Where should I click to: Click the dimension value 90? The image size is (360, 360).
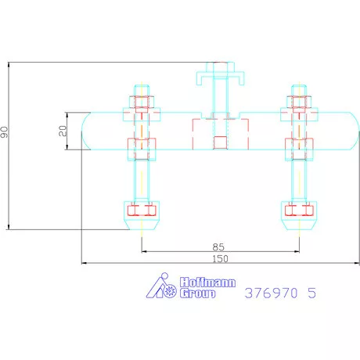pyautogui.click(x=4, y=132)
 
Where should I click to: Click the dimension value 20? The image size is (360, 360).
pyautogui.click(x=63, y=131)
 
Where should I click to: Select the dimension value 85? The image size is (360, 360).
pyautogui.click(x=218, y=247)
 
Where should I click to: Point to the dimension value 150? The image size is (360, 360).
pyautogui.click(x=221, y=259)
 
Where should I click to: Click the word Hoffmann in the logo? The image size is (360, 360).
pyautogui.click(x=207, y=283)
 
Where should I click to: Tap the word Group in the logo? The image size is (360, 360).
pyautogui.click(x=197, y=293)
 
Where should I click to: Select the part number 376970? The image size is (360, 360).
pyautogui.click(x=271, y=293)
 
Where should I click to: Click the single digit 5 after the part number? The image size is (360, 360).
pyautogui.click(x=311, y=293)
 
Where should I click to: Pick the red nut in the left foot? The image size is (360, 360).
pyautogui.click(x=142, y=211)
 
